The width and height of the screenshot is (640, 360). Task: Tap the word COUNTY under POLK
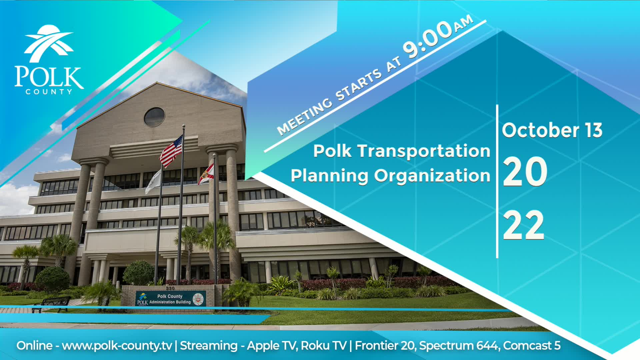[x=49, y=92]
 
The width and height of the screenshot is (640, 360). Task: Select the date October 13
[x=552, y=130]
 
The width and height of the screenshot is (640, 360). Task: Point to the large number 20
[x=525, y=172]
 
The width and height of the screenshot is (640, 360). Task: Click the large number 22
[x=523, y=225]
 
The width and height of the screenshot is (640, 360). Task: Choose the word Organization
[x=432, y=176]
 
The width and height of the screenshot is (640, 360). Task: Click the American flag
[x=171, y=152]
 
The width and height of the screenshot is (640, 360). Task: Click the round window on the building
[x=154, y=117]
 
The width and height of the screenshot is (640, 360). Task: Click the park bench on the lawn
[x=52, y=304]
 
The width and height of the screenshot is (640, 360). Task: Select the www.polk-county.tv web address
[x=117, y=346]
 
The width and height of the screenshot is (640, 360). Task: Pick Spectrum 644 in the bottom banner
[x=459, y=346]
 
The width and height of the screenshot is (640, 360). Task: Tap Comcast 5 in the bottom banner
[x=532, y=346]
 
